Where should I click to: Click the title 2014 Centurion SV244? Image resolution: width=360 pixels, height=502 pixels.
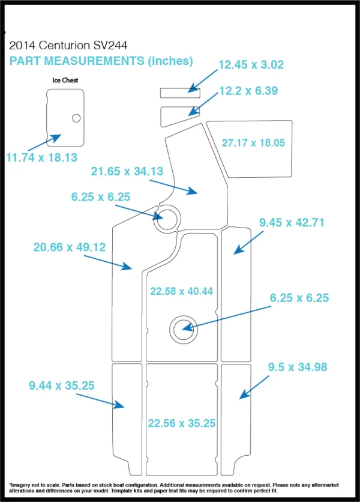click(x=68, y=46)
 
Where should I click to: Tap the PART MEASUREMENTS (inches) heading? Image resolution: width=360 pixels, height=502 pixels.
click(x=101, y=61)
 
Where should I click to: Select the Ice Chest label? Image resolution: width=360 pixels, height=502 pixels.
click(x=65, y=80)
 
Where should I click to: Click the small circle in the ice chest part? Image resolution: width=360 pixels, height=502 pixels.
click(x=76, y=118)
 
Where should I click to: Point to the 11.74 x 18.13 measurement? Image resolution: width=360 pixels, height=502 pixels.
click(x=41, y=157)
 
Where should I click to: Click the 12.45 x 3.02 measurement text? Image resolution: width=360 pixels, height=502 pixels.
click(x=251, y=65)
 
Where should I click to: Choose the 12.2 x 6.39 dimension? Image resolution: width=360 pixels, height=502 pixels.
click(x=248, y=91)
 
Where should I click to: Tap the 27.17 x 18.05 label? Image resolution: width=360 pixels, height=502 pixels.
click(x=253, y=143)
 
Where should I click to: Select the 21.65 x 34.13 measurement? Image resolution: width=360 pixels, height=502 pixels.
click(x=127, y=171)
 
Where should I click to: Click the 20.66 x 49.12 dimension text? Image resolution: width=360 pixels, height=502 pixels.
click(x=70, y=247)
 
